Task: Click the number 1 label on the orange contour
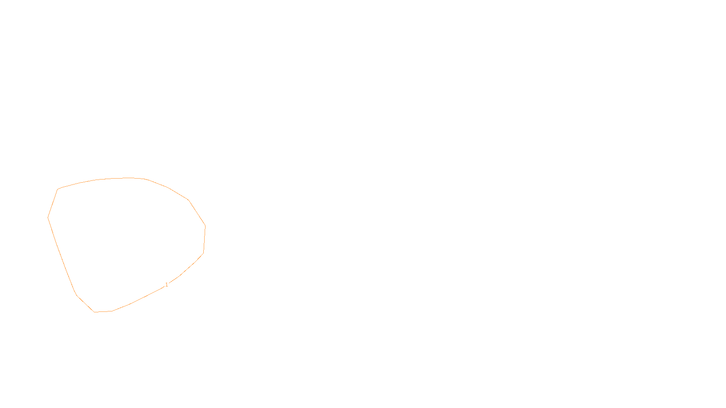(x=167, y=285)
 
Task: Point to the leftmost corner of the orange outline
(x=48, y=218)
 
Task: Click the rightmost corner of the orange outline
(x=206, y=226)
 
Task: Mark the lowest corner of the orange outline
(x=94, y=312)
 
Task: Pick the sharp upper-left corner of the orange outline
(x=58, y=189)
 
